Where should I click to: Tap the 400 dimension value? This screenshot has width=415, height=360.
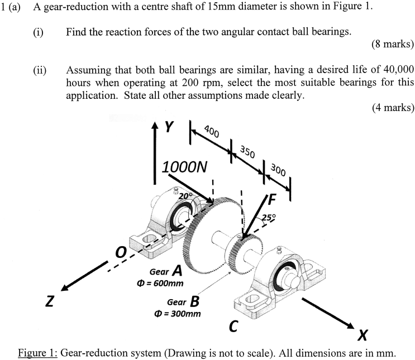pos(211,132)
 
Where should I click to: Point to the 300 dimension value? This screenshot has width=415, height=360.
pos(278,169)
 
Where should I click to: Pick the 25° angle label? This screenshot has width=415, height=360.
pos(268,218)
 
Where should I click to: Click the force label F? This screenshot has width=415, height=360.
pos(272,198)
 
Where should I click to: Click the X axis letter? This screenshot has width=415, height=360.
pos(363,335)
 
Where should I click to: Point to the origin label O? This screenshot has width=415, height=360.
pos(120,253)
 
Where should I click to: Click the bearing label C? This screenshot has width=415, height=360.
pos(233,327)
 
